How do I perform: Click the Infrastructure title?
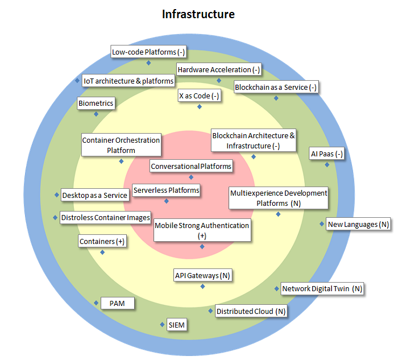pyautogui.click(x=198, y=14)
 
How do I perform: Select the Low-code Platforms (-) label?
pyautogui.click(x=148, y=52)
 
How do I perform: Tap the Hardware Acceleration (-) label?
pyautogui.click(x=219, y=70)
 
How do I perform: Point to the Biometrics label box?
pyautogui.click(x=96, y=104)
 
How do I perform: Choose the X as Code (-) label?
pyautogui.click(x=200, y=96)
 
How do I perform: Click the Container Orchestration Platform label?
pyautogui.click(x=121, y=145)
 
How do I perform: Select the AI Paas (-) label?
pyautogui.click(x=327, y=154)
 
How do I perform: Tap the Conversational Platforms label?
pyautogui.click(x=191, y=167)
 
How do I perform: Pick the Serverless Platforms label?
pyautogui.click(x=166, y=191)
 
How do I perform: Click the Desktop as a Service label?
pyautogui.click(x=94, y=195)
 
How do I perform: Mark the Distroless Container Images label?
pyautogui.click(x=105, y=218)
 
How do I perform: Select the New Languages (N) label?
pyautogui.click(x=359, y=225)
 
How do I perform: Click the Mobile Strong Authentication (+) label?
pyautogui.click(x=202, y=230)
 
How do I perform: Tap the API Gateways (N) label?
pyautogui.click(x=202, y=276)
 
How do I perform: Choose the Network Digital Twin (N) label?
pyautogui.click(x=322, y=289)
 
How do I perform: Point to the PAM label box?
pyautogui.click(x=118, y=303)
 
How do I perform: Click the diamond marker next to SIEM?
pyautogui.click(x=162, y=325)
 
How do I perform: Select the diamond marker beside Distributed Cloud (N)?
pyautogui.click(x=210, y=311)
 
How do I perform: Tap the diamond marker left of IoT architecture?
pyautogui.click(x=77, y=81)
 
